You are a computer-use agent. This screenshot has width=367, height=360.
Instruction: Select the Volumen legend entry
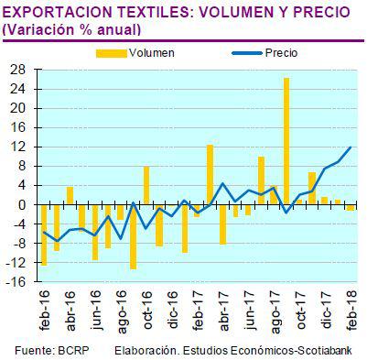click(151, 53)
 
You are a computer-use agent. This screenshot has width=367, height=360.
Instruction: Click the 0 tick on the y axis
click(23, 204)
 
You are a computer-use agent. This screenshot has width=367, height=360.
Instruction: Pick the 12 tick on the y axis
click(19, 147)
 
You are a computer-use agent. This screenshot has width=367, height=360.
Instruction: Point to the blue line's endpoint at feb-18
click(351, 147)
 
